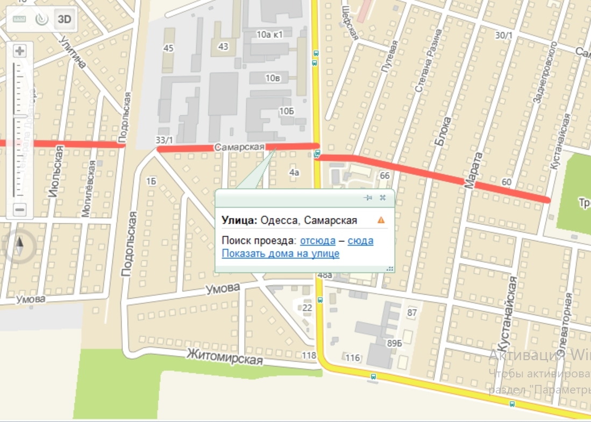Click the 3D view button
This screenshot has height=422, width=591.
tap(65, 19)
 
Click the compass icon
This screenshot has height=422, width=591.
tap(20, 247)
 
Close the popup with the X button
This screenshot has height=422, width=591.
tap(382, 198)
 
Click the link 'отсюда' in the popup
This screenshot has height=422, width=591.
tap(317, 240)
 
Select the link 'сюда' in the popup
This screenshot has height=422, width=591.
tap(360, 240)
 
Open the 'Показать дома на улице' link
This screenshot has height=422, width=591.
tap(280, 253)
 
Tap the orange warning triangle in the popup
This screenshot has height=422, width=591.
tap(381, 220)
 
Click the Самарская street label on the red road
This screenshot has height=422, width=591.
tap(239, 147)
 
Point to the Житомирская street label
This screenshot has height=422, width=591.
tap(225, 356)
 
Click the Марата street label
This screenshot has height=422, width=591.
tap(469, 170)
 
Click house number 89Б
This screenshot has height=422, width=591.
tap(394, 343)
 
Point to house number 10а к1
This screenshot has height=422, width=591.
tap(269, 35)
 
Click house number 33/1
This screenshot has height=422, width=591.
tap(164, 140)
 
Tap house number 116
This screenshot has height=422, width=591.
tap(353, 357)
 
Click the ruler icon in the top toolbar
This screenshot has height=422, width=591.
tap(19, 19)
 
